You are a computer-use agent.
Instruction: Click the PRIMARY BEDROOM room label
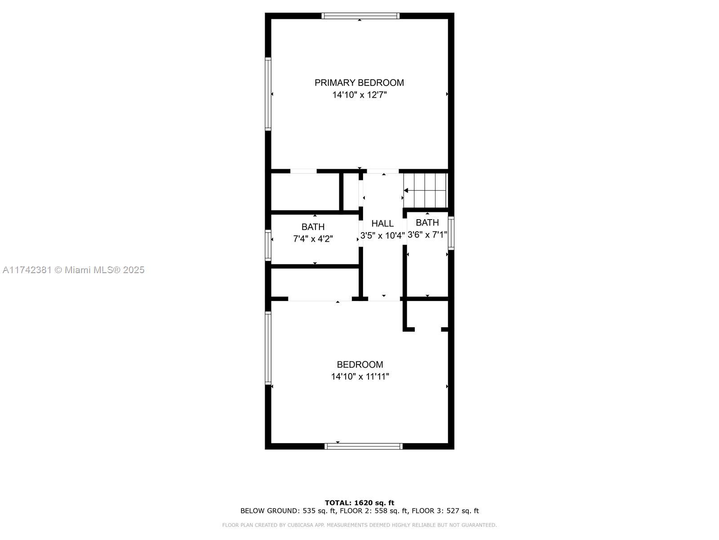(x=359, y=83)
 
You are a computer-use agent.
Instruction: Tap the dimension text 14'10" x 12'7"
(x=359, y=95)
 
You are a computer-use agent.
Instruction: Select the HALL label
(x=382, y=224)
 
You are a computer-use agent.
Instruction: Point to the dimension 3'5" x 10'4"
(x=382, y=235)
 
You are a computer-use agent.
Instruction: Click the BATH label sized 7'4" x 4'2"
(x=313, y=227)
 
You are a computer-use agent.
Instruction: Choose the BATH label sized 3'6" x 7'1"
(x=427, y=223)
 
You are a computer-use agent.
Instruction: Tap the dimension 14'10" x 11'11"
(x=359, y=376)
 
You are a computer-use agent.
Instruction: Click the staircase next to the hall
(x=425, y=190)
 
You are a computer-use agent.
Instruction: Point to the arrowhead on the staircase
(x=406, y=190)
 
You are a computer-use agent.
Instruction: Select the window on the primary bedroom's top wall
(x=360, y=16)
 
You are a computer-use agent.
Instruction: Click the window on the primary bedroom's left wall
(x=268, y=94)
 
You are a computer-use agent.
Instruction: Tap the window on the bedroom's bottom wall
(x=363, y=446)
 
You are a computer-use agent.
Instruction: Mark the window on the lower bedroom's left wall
(x=268, y=348)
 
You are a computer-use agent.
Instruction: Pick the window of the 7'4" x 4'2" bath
(x=268, y=246)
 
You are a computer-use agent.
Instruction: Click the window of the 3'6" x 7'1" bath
(x=451, y=233)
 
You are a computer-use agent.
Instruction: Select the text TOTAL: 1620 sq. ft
(x=359, y=503)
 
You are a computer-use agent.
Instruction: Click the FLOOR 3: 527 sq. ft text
(x=445, y=510)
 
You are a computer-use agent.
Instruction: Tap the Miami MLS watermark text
(x=73, y=270)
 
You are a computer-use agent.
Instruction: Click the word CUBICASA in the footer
(x=299, y=525)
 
